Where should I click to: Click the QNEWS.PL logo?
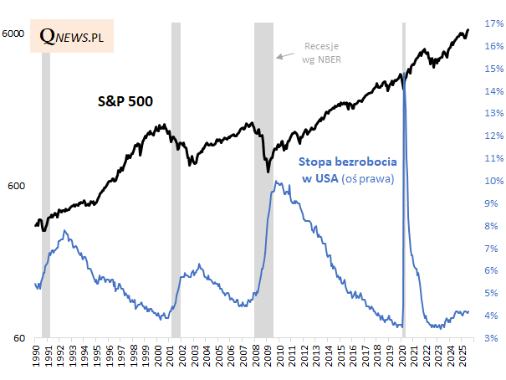click(73, 35)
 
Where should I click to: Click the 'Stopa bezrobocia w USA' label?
click(348, 169)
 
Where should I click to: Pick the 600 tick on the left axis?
click(16, 187)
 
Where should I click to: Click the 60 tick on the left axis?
click(18, 338)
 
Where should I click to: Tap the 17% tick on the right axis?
click(493, 23)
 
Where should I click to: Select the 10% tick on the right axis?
click(493, 181)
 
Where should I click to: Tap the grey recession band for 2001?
click(176, 167)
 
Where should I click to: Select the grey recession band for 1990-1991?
click(46, 167)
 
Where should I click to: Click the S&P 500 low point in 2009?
click(268, 172)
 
